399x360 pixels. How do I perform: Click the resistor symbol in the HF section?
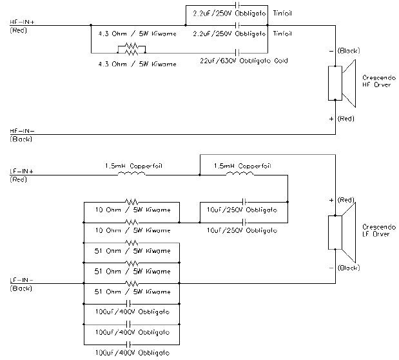click(x=131, y=47)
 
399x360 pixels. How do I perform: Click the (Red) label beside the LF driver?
click(x=346, y=200)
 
